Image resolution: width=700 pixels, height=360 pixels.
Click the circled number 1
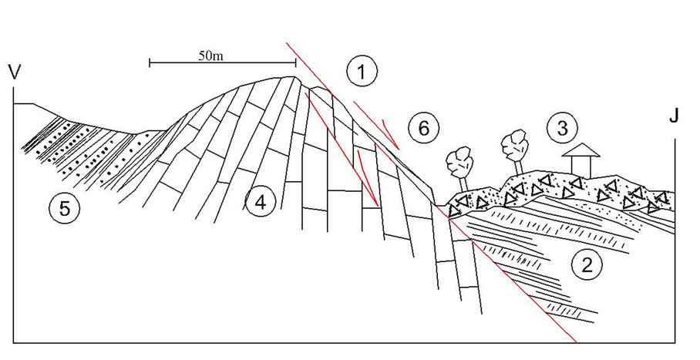362,72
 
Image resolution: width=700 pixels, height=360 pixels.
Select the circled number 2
587,265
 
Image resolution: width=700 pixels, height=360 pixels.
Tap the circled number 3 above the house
562,128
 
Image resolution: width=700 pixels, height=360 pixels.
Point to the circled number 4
261,203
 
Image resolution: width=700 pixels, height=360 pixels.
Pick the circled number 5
66,208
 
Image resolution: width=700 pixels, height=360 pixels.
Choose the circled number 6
424,129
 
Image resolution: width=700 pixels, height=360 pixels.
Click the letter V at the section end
15,72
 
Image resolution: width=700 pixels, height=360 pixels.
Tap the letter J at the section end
674,115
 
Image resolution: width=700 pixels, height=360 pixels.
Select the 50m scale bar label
210,56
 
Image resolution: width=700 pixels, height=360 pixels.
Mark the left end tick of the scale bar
150,62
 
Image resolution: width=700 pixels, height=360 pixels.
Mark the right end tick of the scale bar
295,62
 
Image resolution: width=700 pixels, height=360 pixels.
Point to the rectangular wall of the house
581,167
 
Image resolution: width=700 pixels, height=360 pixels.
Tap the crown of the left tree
459,161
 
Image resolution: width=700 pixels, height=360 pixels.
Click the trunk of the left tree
463,185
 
